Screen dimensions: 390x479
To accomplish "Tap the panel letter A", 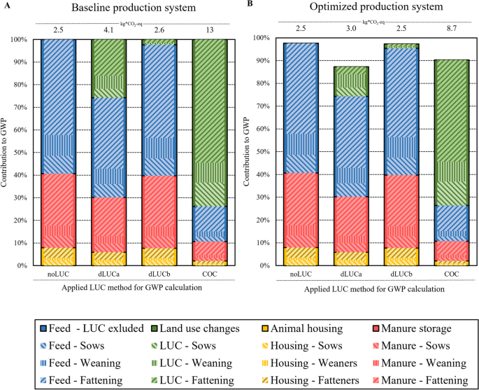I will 6,5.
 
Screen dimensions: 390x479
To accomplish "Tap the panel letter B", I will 250,4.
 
